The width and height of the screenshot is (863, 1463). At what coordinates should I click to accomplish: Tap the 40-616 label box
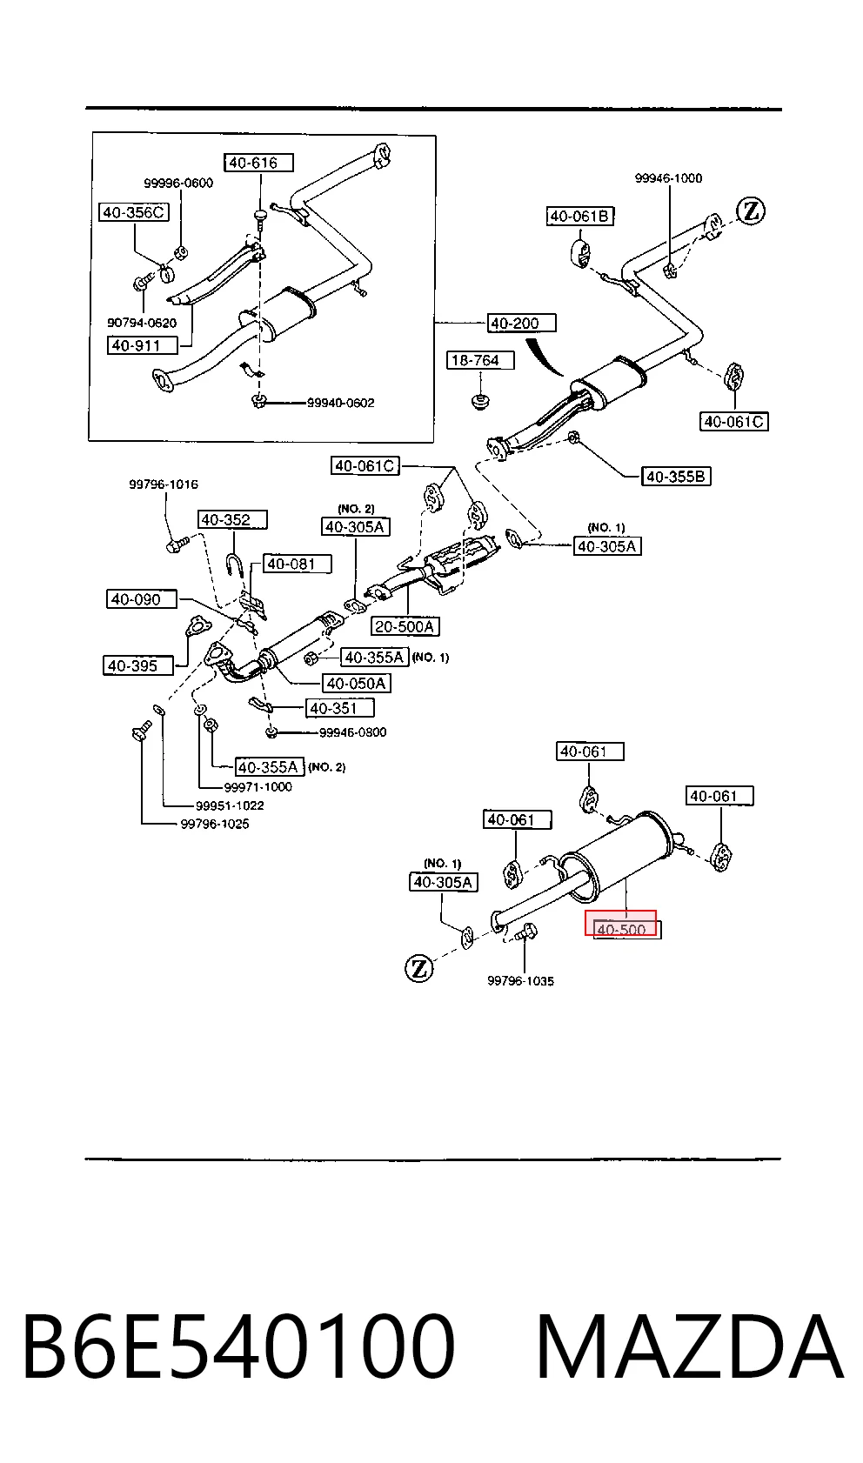tap(258, 163)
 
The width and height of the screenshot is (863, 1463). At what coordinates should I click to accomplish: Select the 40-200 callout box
tap(521, 323)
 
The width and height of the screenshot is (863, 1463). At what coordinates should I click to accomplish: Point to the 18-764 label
tap(480, 360)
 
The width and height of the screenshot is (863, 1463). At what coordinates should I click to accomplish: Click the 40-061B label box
tap(580, 217)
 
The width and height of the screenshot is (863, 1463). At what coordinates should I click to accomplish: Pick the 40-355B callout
tap(676, 476)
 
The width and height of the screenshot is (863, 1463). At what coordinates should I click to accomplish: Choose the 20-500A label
tap(405, 626)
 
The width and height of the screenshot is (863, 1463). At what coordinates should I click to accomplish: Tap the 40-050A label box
tap(356, 683)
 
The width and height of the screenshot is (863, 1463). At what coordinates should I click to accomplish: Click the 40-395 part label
tap(137, 665)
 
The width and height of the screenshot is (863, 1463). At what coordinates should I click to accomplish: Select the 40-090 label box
tap(141, 599)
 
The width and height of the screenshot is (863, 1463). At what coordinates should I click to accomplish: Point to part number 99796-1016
tap(164, 484)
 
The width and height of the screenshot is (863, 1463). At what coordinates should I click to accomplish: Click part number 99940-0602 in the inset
tap(341, 403)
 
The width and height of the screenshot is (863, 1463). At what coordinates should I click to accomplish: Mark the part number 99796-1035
tap(521, 980)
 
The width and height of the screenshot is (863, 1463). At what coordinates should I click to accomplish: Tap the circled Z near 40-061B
tap(751, 211)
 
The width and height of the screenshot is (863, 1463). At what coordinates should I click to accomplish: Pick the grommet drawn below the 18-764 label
tap(480, 400)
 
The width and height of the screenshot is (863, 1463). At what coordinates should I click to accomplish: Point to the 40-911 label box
tap(143, 344)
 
